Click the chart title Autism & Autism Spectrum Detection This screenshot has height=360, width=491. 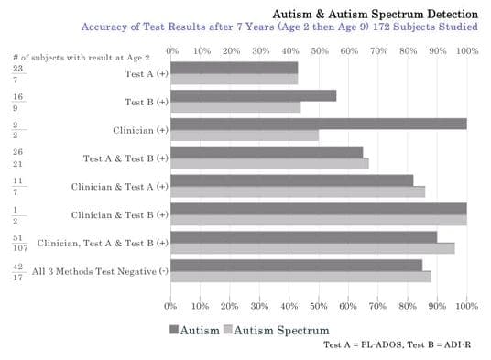pyautogui.click(x=375, y=15)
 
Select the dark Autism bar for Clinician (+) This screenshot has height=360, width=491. pyautogui.click(x=318, y=124)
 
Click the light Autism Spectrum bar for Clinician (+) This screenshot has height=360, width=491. pyautogui.click(x=245, y=135)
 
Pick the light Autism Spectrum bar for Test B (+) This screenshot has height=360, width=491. pyautogui.click(x=235, y=106)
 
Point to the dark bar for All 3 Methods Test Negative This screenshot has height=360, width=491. pyautogui.click(x=296, y=266)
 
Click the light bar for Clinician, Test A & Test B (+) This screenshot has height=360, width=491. pyautogui.click(x=311, y=247)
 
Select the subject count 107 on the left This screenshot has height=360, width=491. pyautogui.click(x=20, y=248)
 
